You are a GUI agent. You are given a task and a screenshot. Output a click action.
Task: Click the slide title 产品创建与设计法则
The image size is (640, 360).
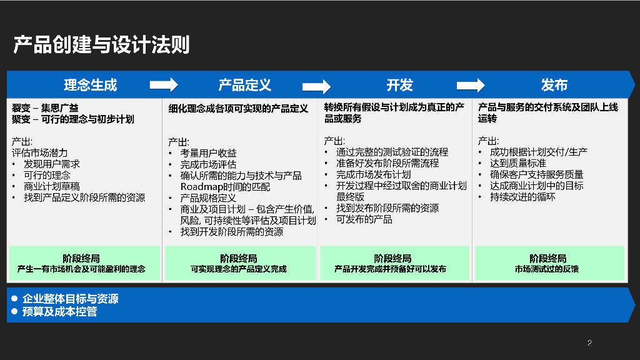coord(101,45)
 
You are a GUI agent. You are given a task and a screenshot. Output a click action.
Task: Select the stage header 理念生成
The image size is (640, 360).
coord(91,85)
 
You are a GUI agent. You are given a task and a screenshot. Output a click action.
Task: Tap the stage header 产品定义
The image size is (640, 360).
coord(244,85)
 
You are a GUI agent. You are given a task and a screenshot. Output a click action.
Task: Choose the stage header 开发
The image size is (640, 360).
coord(399,85)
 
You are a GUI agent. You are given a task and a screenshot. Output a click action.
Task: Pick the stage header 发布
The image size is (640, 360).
coord(554,85)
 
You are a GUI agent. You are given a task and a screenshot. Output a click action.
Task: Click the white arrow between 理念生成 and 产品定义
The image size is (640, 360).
coord(164,85)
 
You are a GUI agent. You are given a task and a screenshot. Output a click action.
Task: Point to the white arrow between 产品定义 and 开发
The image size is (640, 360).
coord(316,86)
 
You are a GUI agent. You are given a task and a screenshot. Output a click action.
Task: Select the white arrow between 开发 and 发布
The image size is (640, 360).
coord(471,85)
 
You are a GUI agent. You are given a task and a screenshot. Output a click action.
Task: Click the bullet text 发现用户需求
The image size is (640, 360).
coord(51,164)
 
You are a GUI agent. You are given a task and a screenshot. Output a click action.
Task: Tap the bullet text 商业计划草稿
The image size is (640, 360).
coord(51,186)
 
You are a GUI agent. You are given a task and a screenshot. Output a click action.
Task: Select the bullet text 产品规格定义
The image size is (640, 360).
coord(209,198)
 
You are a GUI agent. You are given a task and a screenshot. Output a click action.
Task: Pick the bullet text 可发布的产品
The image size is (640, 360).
coord(364,219)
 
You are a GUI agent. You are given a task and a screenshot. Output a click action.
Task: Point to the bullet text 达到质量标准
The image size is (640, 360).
coord(518,163)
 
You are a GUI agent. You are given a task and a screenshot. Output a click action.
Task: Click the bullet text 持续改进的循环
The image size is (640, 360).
coord(522,197)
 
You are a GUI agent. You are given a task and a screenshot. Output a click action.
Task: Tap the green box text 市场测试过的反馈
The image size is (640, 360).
coord(547,269)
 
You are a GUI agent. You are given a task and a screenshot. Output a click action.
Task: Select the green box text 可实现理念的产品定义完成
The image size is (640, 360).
coord(239,269)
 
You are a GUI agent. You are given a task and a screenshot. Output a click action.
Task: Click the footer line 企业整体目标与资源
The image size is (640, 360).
coord(70,299)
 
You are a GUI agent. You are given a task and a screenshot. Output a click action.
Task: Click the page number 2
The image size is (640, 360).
coord(589,342)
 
